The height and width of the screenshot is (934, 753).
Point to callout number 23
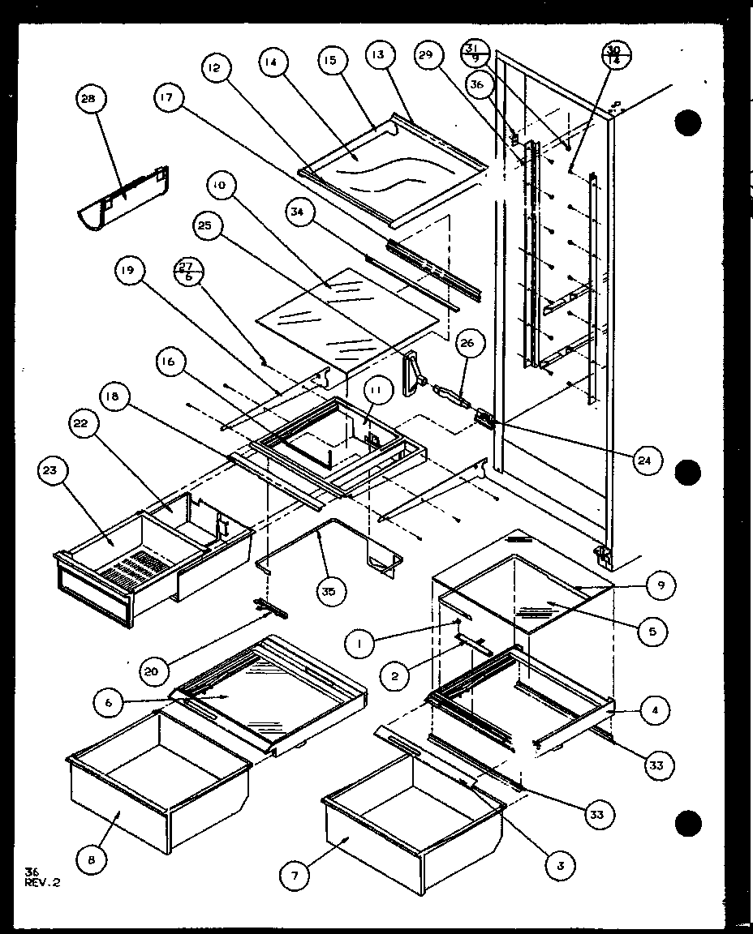point(54,473)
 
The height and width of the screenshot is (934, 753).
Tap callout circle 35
point(328,591)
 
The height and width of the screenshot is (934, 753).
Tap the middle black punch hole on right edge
point(688,471)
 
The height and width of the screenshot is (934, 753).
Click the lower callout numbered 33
point(596,813)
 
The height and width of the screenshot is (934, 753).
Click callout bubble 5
point(652,630)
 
